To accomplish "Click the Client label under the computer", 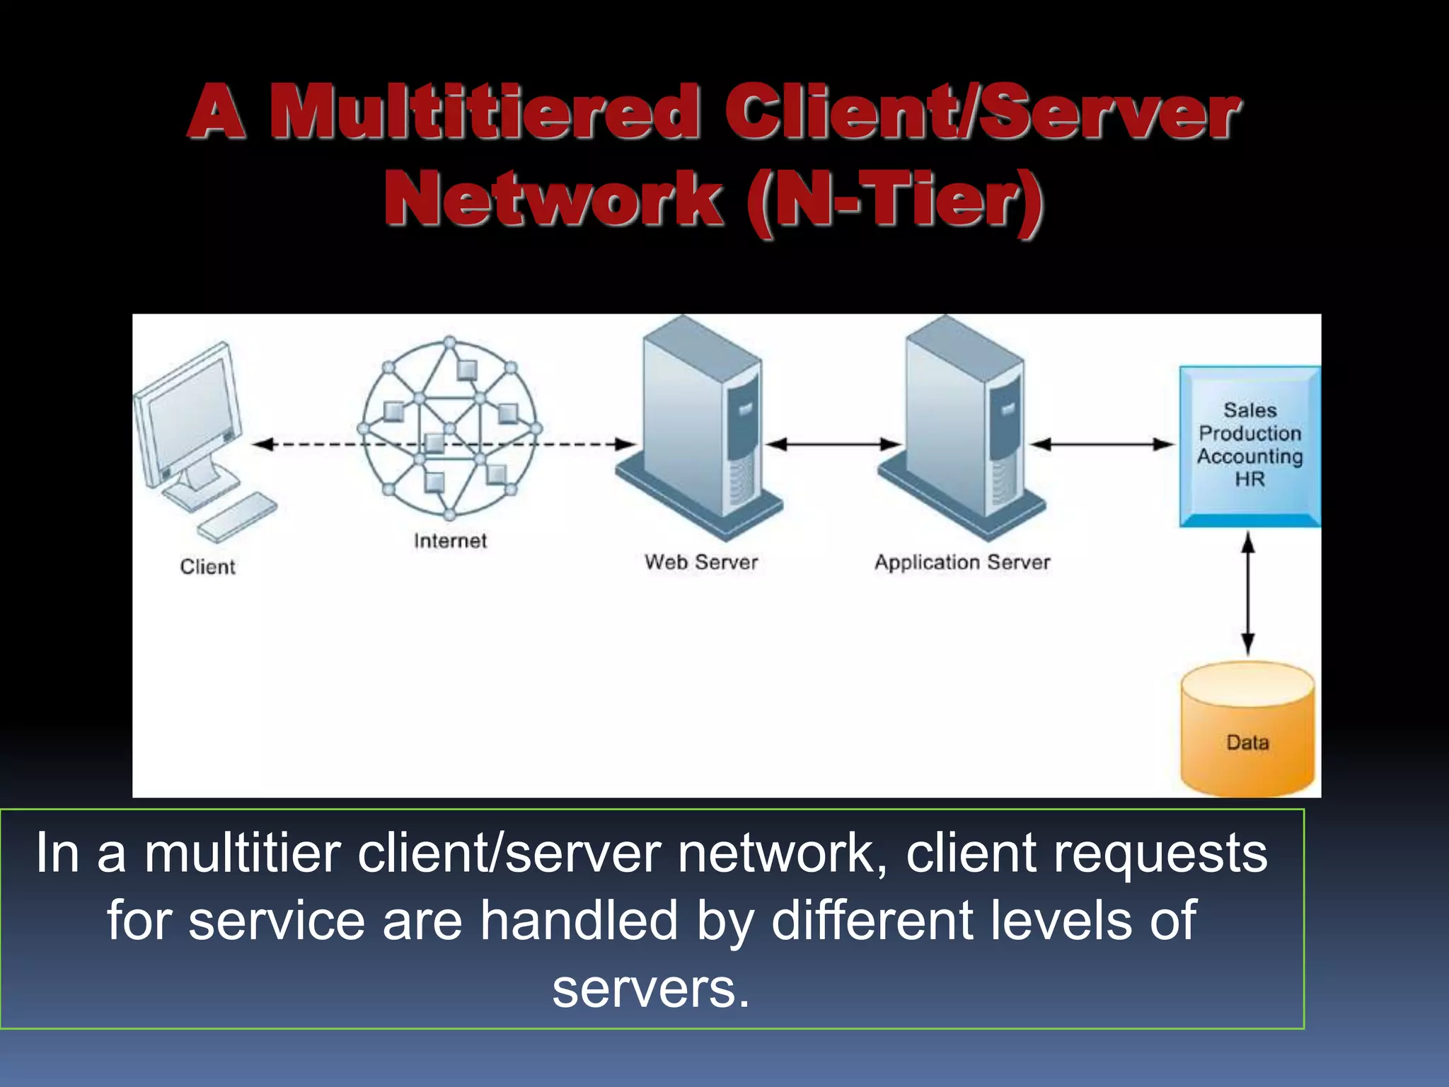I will click(x=207, y=567).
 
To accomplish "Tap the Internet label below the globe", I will click(x=450, y=541).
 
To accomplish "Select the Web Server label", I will click(x=700, y=563).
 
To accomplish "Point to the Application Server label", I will click(x=962, y=563).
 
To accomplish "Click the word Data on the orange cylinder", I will click(x=1247, y=742).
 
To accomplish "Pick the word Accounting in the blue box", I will click(x=1249, y=456).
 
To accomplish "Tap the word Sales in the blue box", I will click(x=1249, y=410).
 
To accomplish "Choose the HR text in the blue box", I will click(x=1249, y=479).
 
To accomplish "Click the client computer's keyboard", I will click(x=238, y=517).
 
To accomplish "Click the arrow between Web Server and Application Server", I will click(x=833, y=444).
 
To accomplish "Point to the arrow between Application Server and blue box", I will click(x=1102, y=444).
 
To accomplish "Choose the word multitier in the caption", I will click(x=243, y=853).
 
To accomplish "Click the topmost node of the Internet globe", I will click(x=450, y=343).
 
